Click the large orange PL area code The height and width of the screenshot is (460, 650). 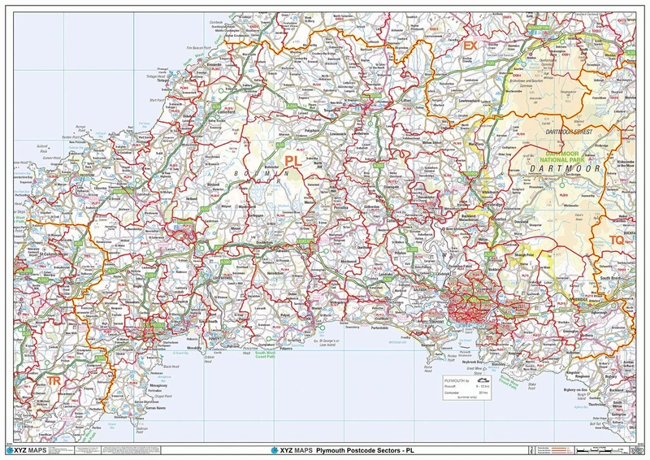[292, 162]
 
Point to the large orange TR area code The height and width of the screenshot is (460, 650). [54, 381]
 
